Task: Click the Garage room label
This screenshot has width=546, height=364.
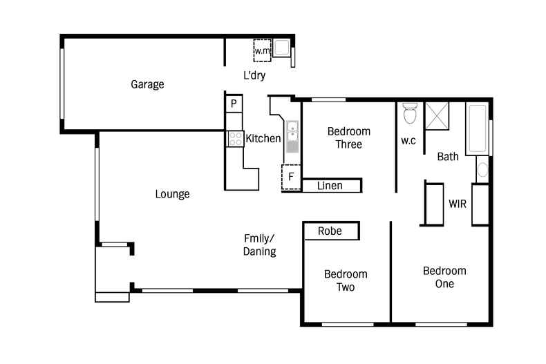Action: (147, 85)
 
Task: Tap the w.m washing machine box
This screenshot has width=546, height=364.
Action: (262, 50)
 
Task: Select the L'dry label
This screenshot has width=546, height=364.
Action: (254, 75)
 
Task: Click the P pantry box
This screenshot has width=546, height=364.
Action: (234, 104)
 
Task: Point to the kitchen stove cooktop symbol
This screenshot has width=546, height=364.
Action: (235, 138)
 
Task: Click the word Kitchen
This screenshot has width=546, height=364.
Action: (263, 138)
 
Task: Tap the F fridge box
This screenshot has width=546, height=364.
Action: (291, 176)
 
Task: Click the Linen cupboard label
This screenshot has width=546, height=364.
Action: (330, 185)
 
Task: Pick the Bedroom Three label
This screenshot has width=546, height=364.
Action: (349, 137)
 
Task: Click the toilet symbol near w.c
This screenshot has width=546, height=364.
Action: (409, 113)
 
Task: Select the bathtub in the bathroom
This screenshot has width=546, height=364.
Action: (477, 128)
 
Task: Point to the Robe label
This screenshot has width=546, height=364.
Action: (330, 231)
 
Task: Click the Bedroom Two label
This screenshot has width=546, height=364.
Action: (346, 280)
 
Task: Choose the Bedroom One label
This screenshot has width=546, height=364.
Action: (444, 276)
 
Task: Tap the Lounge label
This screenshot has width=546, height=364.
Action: (172, 194)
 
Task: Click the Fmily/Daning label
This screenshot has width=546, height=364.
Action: (260, 245)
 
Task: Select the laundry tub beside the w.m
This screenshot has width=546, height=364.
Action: (282, 48)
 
